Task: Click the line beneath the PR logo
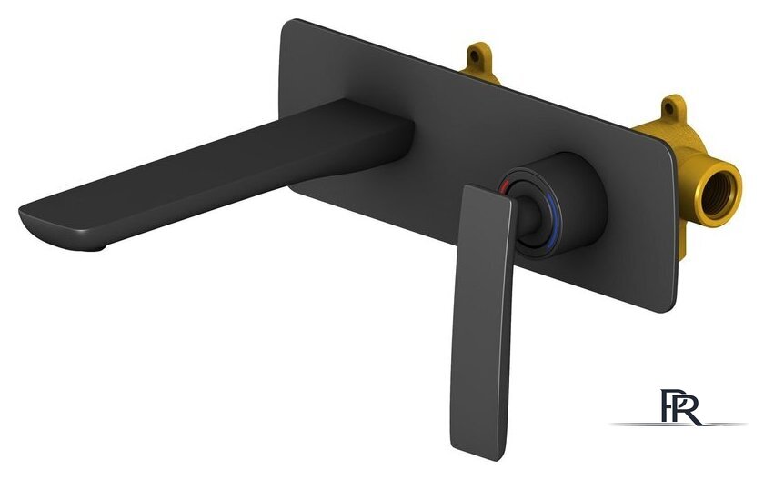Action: pyautogui.click(x=679, y=425)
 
